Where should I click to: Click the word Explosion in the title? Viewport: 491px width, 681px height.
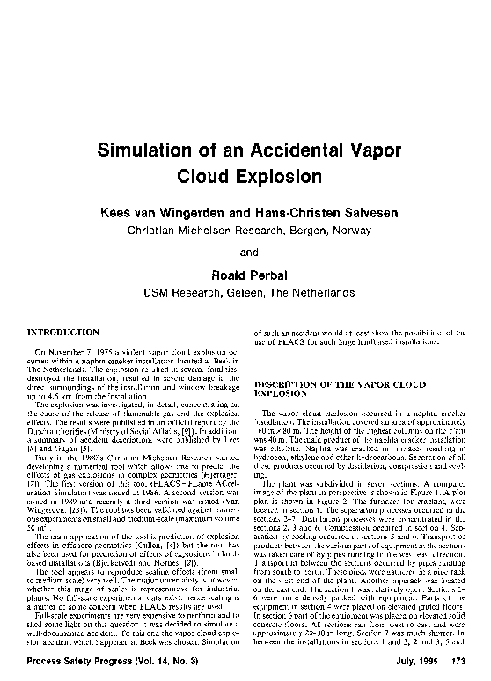(261, 176)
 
